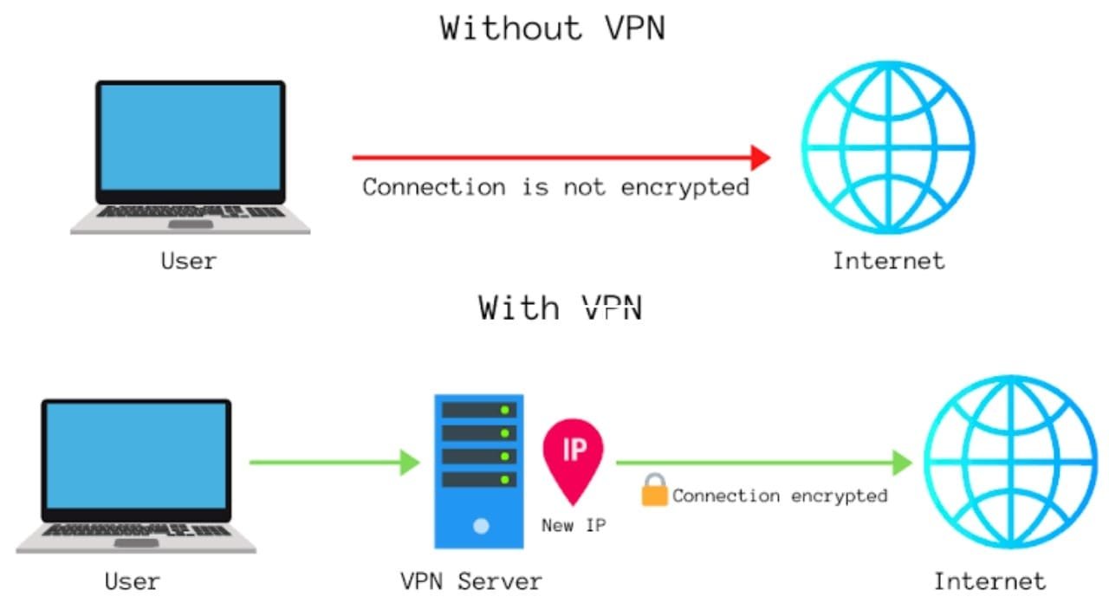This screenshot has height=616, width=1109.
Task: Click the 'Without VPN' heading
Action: (553, 28)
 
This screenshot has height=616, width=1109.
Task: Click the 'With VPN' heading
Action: (560, 308)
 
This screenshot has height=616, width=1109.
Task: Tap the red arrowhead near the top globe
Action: (760, 158)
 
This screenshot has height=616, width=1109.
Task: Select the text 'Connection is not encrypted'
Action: (555, 187)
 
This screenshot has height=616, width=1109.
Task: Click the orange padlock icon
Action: (654, 491)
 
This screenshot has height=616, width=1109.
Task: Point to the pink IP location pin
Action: (573, 455)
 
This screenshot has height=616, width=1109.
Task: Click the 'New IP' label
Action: (573, 525)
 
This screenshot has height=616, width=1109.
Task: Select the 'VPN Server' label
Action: (470, 580)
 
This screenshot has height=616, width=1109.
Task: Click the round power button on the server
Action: (481, 526)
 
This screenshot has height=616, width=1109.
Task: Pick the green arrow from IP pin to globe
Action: (762, 463)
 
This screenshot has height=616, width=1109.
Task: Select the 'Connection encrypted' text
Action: (780, 496)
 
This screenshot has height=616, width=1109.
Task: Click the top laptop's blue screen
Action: (190, 137)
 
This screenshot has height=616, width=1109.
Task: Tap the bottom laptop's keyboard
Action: (136, 529)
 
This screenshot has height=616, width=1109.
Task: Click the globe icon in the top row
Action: (887, 147)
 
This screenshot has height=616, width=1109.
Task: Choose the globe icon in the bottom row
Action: (1009, 463)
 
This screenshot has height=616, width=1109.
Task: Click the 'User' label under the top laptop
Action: (188, 261)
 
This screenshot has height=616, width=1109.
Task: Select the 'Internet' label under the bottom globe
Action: (989, 580)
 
